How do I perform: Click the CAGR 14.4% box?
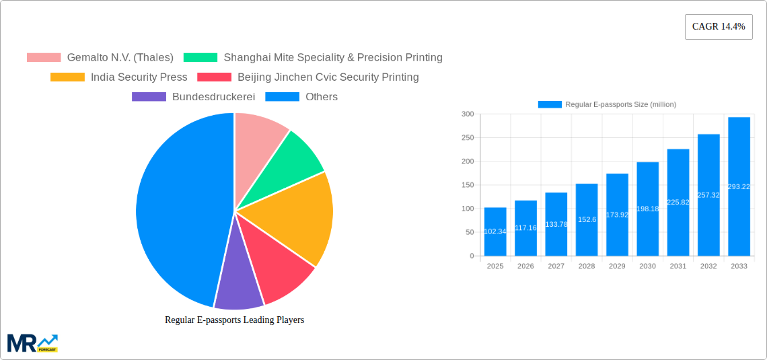pos(719,27)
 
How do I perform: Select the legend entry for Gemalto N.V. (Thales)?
pos(100,57)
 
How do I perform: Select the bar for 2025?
pos(495,232)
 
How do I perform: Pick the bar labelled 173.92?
pos(617,215)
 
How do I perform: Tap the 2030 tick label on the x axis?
pos(647,266)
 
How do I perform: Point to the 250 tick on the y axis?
pos(467,138)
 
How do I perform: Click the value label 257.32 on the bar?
pos(708,195)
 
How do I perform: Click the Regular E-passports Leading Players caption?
pos(234,320)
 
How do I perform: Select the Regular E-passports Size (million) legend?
pos(607,104)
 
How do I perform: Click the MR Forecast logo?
pos(32,343)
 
